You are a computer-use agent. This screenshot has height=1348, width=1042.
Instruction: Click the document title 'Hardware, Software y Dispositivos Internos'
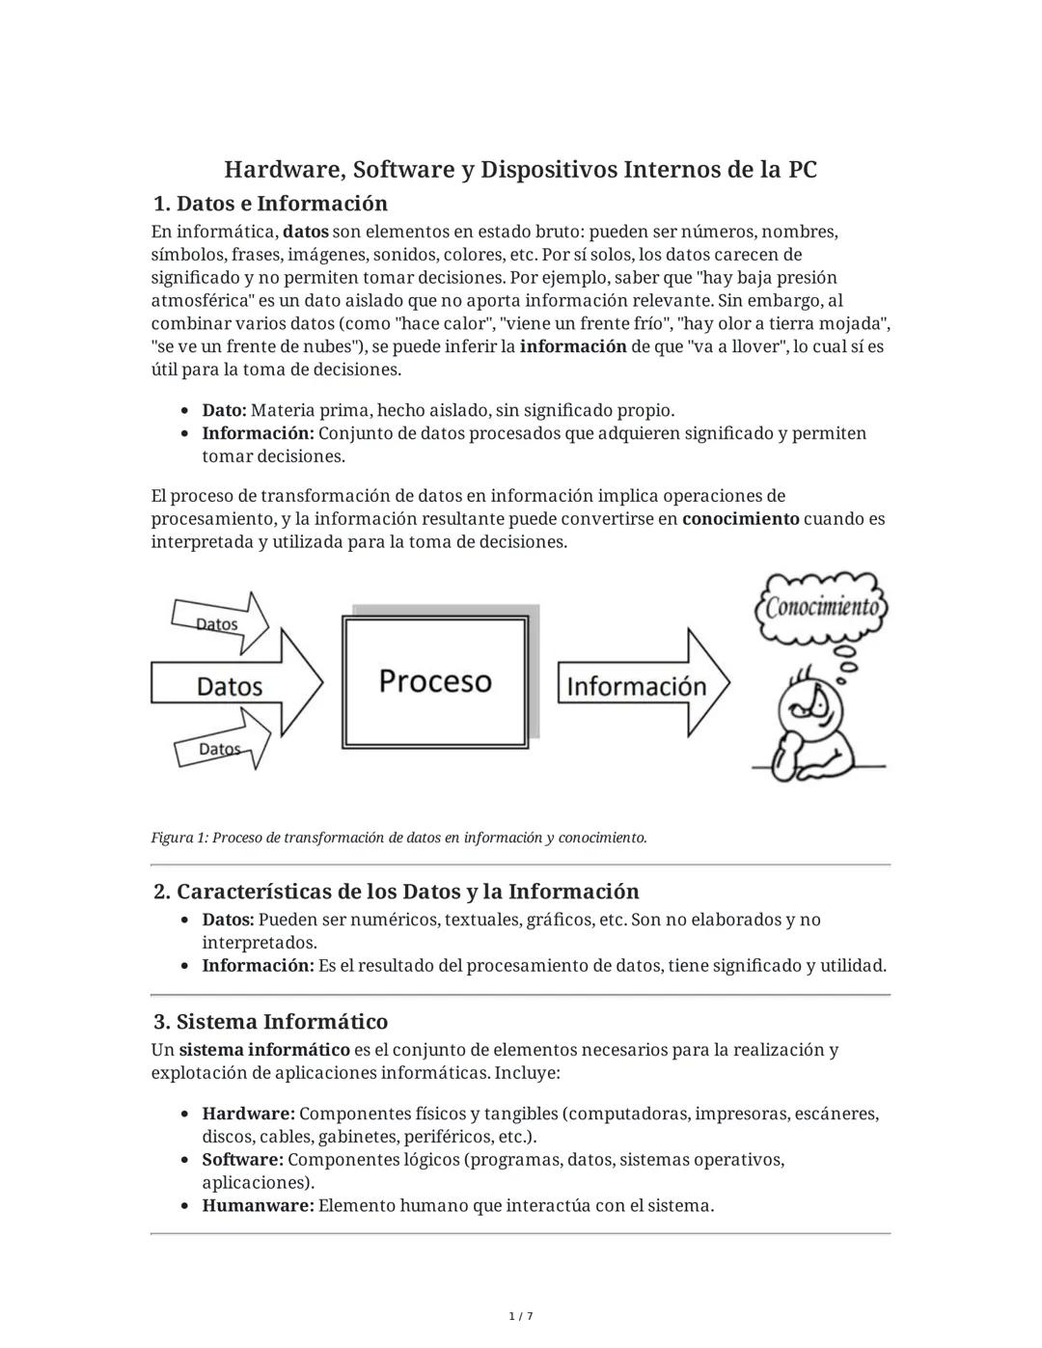click(x=520, y=170)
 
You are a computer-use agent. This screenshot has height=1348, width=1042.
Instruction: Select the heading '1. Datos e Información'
click(x=270, y=204)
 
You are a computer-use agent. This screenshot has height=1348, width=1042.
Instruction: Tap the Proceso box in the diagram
click(x=435, y=681)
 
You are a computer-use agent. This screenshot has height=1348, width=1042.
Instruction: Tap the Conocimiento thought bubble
click(x=822, y=607)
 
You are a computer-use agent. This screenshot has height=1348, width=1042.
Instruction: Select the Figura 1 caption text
click(x=398, y=838)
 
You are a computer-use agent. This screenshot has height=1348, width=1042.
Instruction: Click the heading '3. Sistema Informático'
click(x=270, y=1022)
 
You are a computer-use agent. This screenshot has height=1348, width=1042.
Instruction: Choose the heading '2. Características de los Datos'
click(x=396, y=892)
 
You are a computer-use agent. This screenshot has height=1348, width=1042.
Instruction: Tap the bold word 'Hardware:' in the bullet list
click(x=248, y=1114)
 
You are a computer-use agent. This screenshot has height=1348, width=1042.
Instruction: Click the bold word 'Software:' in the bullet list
click(x=242, y=1160)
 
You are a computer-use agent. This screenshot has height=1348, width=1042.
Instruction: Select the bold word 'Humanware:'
click(x=258, y=1205)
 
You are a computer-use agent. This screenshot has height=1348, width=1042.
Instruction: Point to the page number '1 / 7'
click(x=520, y=1316)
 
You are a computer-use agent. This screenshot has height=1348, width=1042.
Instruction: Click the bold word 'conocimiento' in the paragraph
click(x=740, y=519)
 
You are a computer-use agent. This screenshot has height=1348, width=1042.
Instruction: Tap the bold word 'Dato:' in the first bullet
click(x=224, y=411)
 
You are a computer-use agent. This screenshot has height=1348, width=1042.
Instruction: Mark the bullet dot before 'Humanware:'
click(x=183, y=1206)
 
